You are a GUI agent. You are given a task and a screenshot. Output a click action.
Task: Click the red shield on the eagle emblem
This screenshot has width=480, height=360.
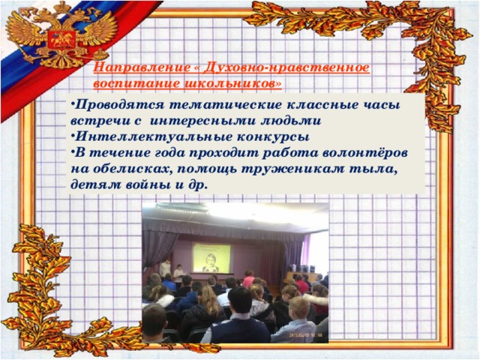pyautogui.click(x=61, y=39)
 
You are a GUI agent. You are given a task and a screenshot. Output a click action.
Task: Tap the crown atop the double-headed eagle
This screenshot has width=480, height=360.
pyautogui.click(x=62, y=7)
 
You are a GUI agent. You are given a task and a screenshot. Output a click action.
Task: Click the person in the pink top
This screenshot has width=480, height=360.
pyautogui.click(x=248, y=279)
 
